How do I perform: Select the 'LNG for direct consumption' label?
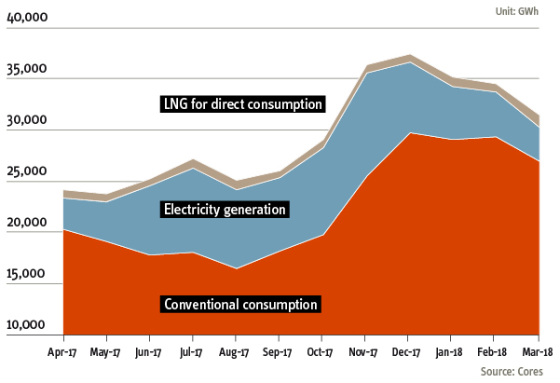point(242,103)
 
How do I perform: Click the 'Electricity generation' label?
point(225,209)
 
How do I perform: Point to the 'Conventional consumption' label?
point(241,304)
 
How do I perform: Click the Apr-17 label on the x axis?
point(63,352)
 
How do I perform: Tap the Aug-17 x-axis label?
point(235,352)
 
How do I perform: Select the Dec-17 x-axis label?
point(407,352)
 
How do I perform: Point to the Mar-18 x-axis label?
point(537,352)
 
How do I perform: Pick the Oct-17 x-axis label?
point(321,352)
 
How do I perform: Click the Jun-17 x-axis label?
point(149,352)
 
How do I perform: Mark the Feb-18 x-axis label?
point(493,352)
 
